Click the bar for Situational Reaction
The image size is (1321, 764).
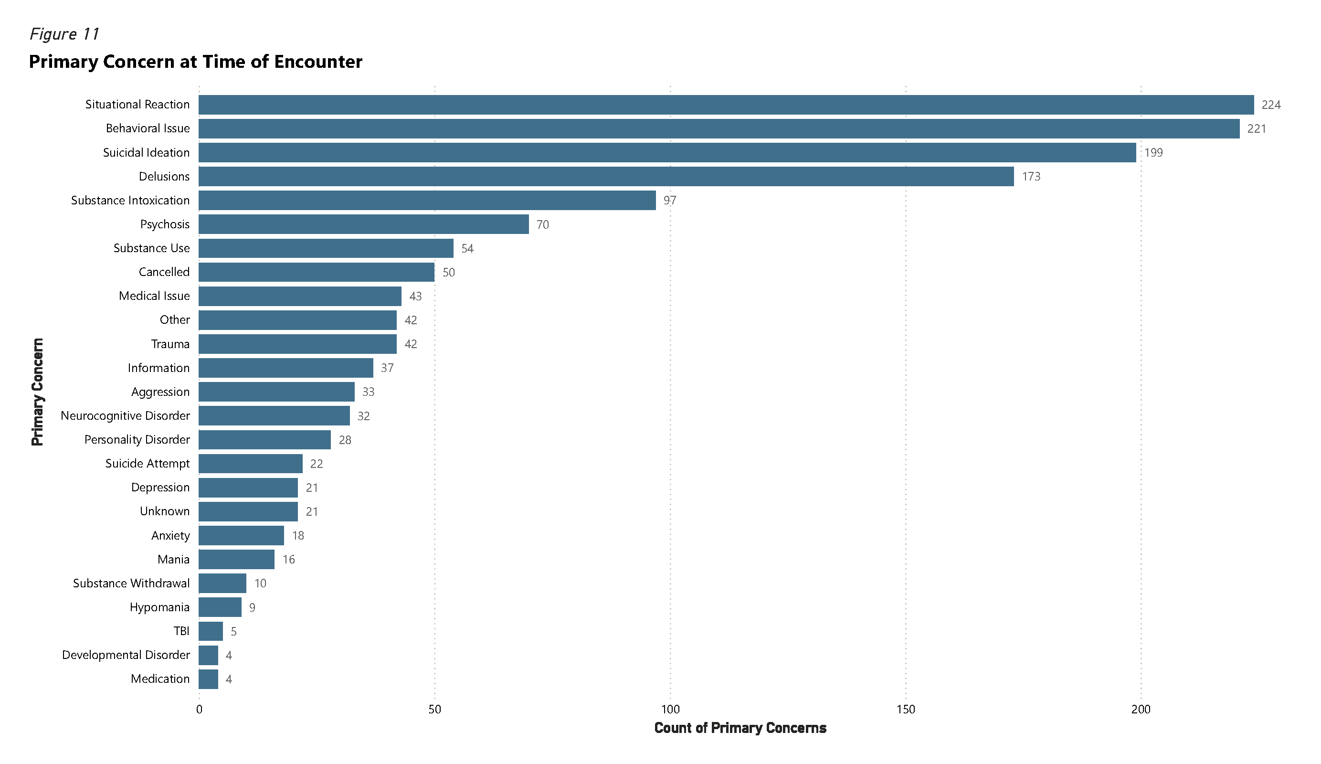(x=726, y=105)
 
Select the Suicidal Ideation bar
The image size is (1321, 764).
(x=667, y=153)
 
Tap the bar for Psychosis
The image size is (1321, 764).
(x=364, y=224)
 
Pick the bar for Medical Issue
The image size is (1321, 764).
(x=300, y=296)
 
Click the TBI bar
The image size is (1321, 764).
(x=211, y=631)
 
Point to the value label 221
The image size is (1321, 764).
(x=1257, y=129)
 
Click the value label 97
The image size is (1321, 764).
(x=670, y=200)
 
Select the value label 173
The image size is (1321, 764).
(x=1031, y=177)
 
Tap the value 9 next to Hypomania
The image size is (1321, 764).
(x=252, y=607)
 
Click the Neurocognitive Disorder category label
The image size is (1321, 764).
(x=125, y=416)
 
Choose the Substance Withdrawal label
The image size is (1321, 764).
(x=132, y=583)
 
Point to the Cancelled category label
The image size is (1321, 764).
(x=164, y=272)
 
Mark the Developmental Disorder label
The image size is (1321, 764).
(x=126, y=655)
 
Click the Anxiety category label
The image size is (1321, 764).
(x=170, y=535)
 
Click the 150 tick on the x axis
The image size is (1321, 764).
(x=905, y=710)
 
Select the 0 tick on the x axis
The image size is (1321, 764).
(x=199, y=710)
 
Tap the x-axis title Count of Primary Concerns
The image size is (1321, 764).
(x=740, y=728)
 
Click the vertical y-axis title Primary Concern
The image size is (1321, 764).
(x=37, y=392)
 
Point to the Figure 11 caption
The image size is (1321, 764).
(x=64, y=34)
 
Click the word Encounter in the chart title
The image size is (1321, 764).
(x=318, y=62)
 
